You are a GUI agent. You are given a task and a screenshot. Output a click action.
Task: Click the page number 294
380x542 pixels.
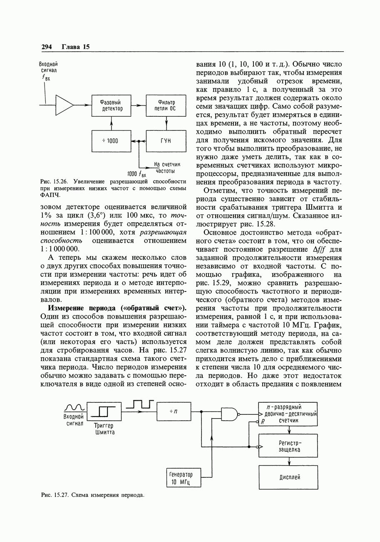click(46, 47)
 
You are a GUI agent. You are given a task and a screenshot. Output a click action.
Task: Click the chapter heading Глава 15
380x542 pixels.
click(76, 47)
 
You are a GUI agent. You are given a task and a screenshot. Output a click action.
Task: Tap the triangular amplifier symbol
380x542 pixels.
click(64, 105)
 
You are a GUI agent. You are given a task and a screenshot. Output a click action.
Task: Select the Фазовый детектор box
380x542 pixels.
click(111, 105)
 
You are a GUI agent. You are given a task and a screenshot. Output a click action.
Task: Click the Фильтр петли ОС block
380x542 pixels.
click(166, 105)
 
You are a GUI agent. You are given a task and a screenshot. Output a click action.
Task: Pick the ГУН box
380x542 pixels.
click(166, 141)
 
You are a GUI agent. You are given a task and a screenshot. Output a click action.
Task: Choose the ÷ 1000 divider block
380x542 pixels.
click(111, 141)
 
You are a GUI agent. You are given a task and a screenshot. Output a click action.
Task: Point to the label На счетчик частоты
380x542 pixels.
click(164, 168)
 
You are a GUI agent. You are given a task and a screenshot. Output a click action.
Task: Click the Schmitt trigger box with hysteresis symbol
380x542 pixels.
click(104, 412)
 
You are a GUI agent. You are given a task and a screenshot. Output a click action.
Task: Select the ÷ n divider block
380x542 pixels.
click(174, 412)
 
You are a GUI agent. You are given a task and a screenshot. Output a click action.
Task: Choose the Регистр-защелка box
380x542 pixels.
click(288, 446)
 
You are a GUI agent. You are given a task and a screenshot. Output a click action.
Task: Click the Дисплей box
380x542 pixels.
click(288, 477)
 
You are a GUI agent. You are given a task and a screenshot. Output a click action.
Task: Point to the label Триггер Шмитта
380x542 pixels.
click(104, 429)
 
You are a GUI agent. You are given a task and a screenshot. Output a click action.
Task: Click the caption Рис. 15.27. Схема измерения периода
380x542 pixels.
click(92, 495)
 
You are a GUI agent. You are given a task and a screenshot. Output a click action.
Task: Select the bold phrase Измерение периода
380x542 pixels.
click(83, 308)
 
